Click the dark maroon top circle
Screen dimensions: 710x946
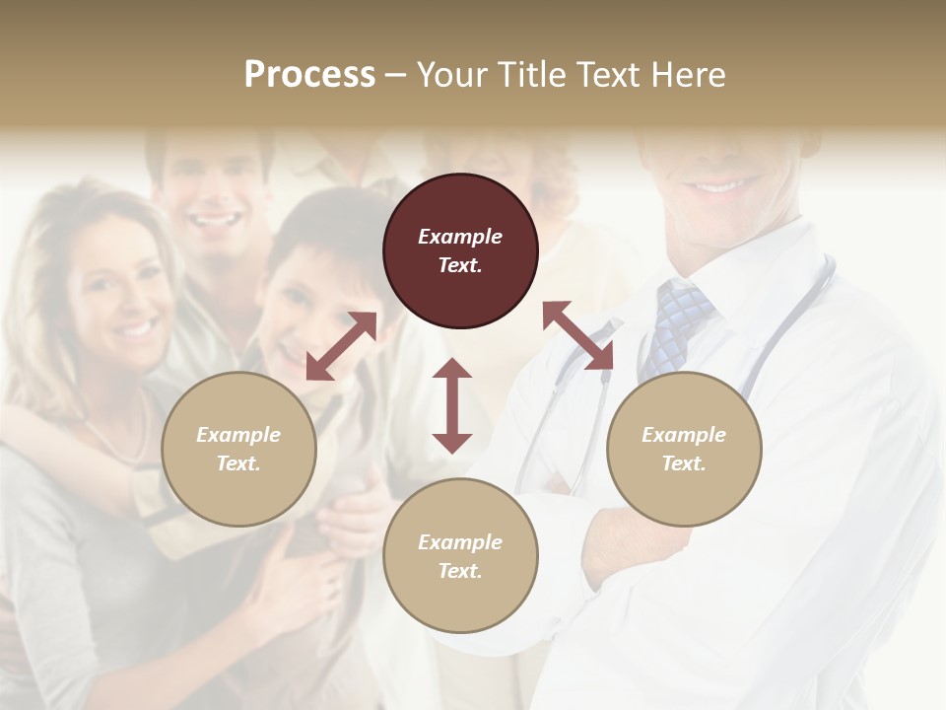(x=460, y=251)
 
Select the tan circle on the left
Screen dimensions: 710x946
(x=238, y=449)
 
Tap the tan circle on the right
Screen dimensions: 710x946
(x=684, y=449)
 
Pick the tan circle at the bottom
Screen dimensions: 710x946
(x=460, y=556)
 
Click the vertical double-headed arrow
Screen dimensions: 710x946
(x=452, y=405)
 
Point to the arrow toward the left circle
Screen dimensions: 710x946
(x=341, y=346)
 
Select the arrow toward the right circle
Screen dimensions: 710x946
(x=577, y=335)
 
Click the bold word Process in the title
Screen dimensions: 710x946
(x=309, y=74)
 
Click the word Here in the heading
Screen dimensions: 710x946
(x=688, y=74)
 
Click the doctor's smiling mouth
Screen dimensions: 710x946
(x=724, y=183)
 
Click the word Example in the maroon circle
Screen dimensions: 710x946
(x=460, y=237)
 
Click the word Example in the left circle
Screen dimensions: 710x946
(x=238, y=435)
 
